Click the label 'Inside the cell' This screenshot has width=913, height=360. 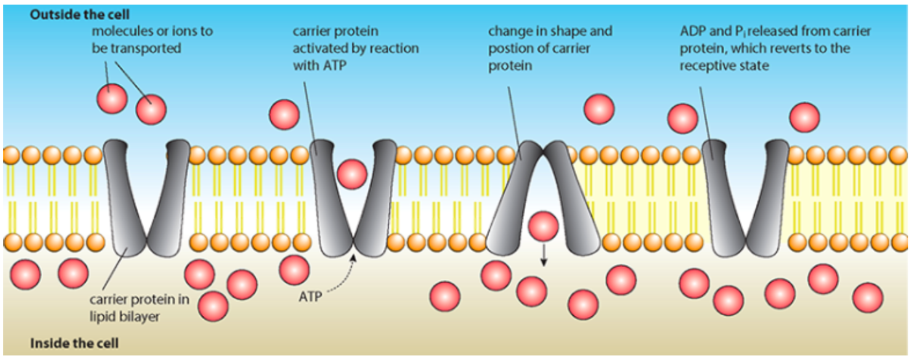(74, 343)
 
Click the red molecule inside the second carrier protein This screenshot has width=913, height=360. (352, 174)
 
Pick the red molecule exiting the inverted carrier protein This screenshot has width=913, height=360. (543, 226)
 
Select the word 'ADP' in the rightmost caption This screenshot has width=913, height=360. (694, 31)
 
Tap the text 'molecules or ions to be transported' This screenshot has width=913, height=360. (152, 39)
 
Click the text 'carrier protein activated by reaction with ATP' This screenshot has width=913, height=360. (355, 49)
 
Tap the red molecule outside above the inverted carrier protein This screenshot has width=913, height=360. (598, 109)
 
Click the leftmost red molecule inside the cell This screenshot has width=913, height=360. (25, 274)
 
